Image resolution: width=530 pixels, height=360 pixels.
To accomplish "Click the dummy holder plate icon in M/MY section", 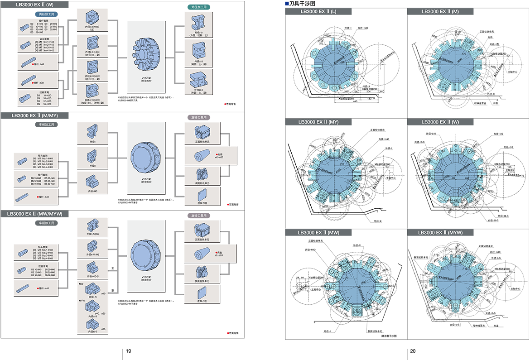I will click(x=202, y=195).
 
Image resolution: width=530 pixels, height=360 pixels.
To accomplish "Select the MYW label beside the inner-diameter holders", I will click(x=82, y=300).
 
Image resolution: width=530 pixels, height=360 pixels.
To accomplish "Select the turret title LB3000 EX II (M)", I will click(x=440, y=11).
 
